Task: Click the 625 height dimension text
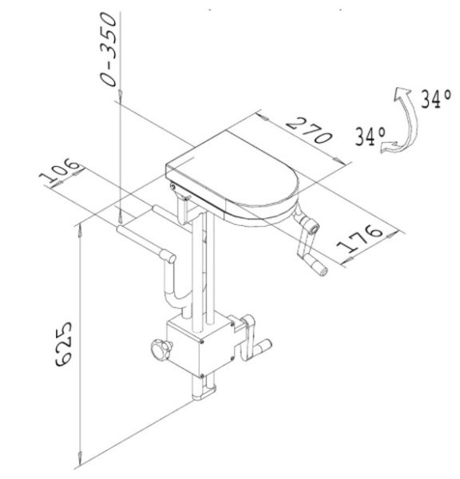[64, 343]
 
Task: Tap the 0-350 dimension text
[109, 49]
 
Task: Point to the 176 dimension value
[359, 239]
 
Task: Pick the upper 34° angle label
[436, 99]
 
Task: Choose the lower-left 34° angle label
[370, 136]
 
